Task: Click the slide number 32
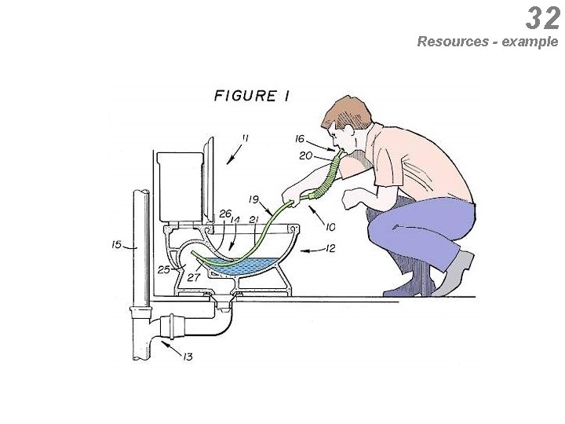click(x=543, y=17)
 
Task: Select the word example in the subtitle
click(x=530, y=41)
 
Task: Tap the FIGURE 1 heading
click(x=252, y=97)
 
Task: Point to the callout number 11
click(x=245, y=138)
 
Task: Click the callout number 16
click(x=300, y=139)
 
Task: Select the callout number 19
click(x=254, y=199)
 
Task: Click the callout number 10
click(x=330, y=227)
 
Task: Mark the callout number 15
click(x=116, y=245)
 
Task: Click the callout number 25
click(x=163, y=270)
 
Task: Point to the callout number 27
click(x=193, y=276)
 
